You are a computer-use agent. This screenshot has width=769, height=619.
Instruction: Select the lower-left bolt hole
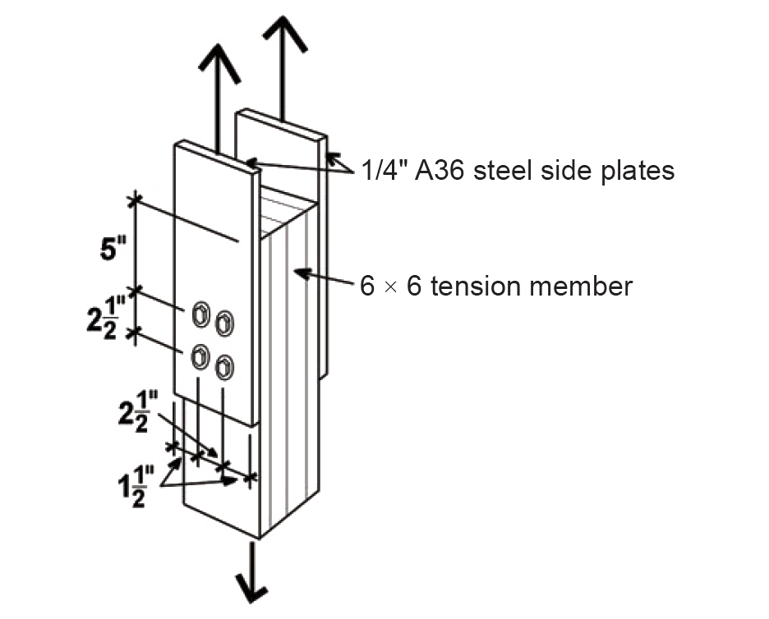(200, 356)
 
